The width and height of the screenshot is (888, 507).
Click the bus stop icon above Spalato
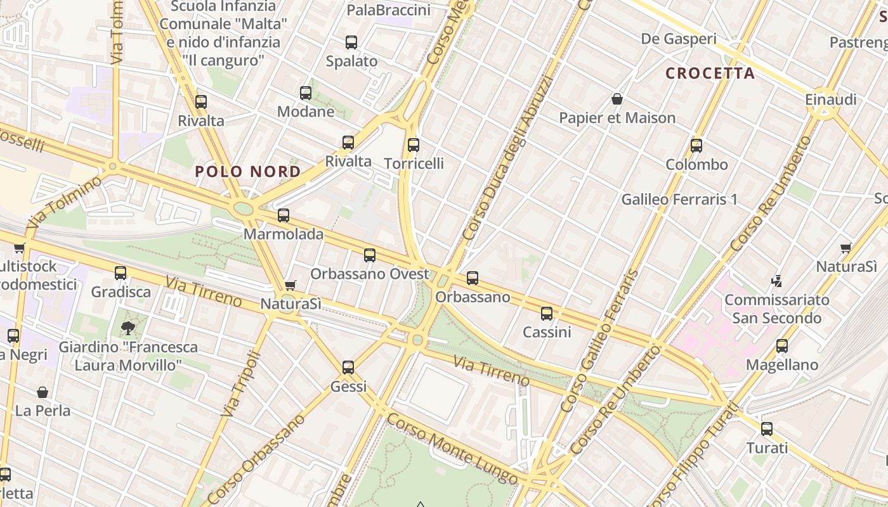coord(351,42)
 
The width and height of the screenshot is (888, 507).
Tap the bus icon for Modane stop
coord(306,93)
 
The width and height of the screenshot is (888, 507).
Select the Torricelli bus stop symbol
coord(414,145)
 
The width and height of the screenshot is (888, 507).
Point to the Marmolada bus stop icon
coord(284,215)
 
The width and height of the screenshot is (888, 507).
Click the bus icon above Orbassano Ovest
coord(370,255)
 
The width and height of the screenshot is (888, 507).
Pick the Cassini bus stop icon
coord(547,313)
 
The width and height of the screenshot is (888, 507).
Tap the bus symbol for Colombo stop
coord(696,146)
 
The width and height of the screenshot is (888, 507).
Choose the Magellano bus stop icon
coord(782,346)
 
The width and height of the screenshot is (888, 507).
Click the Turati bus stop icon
coord(767,429)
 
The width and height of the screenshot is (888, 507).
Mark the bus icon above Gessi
coord(348,368)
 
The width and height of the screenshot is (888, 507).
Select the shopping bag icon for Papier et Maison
coord(617,99)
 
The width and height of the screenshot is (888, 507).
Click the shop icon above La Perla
coord(42,392)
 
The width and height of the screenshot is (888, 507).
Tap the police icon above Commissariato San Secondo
coord(776,280)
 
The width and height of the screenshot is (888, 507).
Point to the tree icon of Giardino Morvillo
coord(128,328)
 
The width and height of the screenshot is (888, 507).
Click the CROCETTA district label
coord(710,73)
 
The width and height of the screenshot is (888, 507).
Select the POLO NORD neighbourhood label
coord(248,172)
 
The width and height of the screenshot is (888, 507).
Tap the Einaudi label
coord(831,99)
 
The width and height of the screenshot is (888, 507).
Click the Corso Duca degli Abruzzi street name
coord(507,158)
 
